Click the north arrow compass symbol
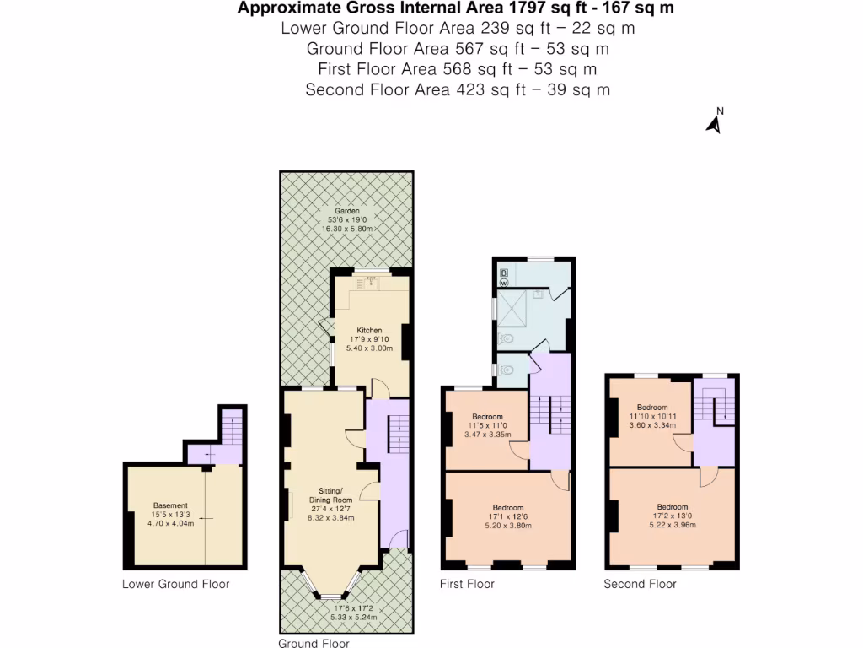tap(714, 123)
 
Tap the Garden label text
tap(346, 211)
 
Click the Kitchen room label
tap(369, 330)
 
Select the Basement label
tap(164, 505)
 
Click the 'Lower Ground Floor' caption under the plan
tap(175, 584)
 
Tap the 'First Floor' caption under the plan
tap(467, 584)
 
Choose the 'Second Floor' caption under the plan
tap(640, 584)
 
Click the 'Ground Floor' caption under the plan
tap(314, 643)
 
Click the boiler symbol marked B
tap(504, 273)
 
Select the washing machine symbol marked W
tap(504, 283)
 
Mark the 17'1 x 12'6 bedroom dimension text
tap(508, 517)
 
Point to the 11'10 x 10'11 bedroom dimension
tap(652, 416)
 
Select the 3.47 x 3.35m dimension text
tap(487, 435)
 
